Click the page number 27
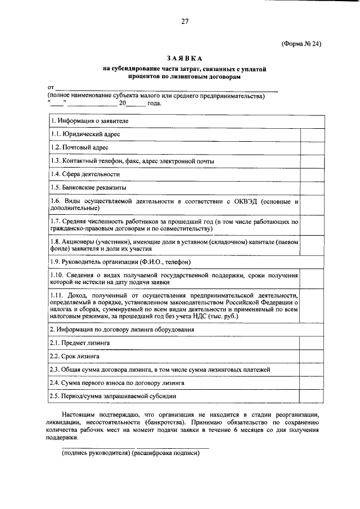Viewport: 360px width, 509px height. (184, 22)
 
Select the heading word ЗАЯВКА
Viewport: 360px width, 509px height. (184, 58)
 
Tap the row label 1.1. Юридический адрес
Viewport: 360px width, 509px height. (85, 134)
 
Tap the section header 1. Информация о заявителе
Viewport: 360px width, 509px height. (89, 121)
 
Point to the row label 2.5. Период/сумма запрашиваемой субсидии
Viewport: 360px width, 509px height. (118, 397)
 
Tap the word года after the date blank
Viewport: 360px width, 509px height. (154, 103)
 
